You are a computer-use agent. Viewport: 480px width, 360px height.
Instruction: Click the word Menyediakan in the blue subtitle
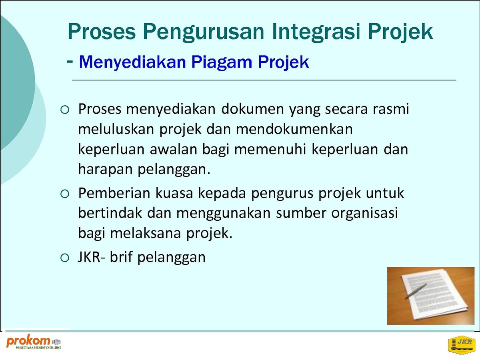point(132,63)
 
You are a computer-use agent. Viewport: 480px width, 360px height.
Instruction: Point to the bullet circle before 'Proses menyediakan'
point(65,110)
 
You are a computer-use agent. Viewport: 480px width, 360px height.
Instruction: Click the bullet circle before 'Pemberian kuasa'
point(65,194)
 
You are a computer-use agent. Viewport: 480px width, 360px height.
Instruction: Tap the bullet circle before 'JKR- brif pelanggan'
point(65,258)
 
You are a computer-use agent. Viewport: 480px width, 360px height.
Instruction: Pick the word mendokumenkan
point(294,129)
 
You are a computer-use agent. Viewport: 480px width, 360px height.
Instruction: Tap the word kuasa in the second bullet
point(174,194)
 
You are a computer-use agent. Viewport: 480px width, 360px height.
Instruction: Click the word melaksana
point(146,234)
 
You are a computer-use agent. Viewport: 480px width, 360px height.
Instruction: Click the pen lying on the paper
point(416,291)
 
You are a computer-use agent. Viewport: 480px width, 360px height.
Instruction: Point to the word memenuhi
point(270,150)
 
